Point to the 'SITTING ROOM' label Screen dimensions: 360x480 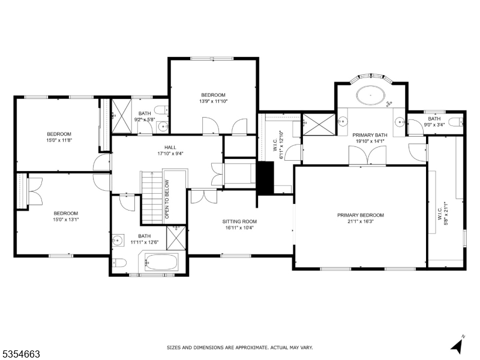click(x=240, y=221)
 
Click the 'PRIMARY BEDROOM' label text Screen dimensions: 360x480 click(x=360, y=215)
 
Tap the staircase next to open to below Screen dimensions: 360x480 click(x=152, y=196)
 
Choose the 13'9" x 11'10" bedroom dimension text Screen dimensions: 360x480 click(x=213, y=101)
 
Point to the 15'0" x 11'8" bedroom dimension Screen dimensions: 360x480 click(x=59, y=140)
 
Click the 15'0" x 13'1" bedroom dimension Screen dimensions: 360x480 click(x=65, y=220)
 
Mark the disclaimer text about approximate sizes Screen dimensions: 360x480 click(x=239, y=347)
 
